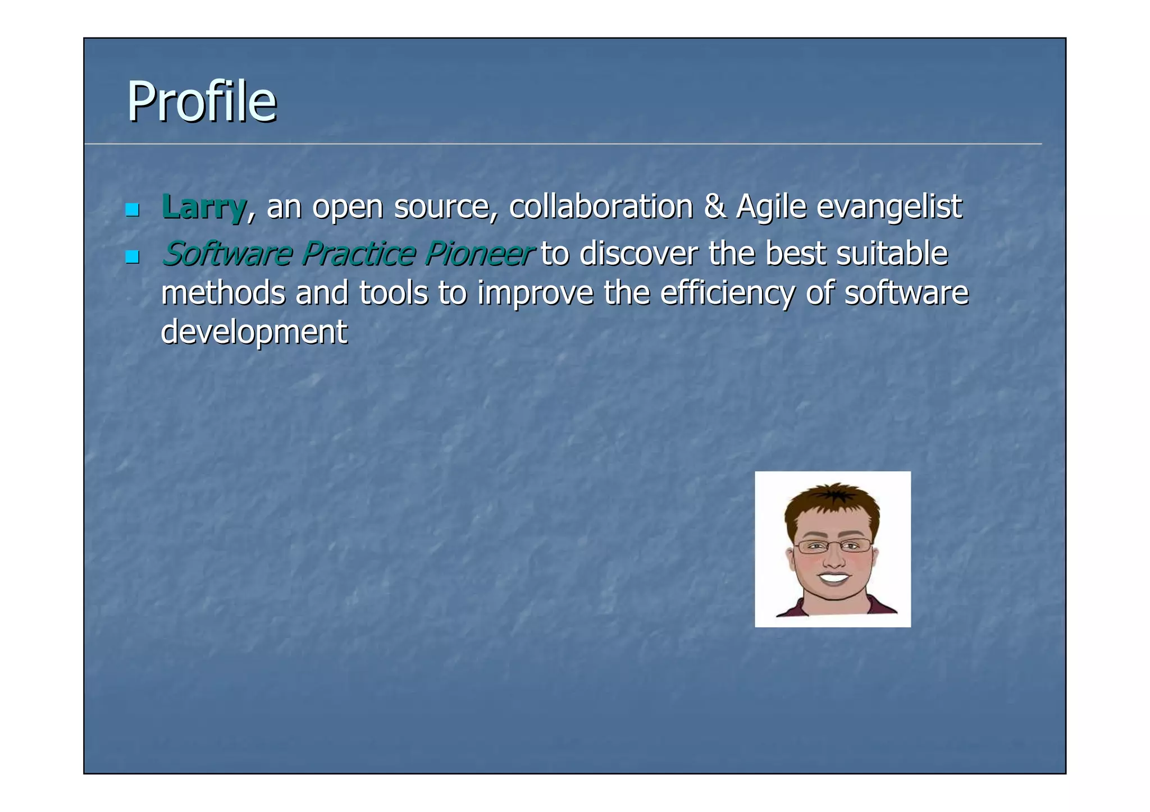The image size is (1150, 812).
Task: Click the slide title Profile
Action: coord(201,102)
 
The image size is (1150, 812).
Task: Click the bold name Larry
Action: coord(203,207)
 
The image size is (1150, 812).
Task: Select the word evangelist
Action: coord(889,207)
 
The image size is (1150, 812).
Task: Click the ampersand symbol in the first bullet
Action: coord(714,207)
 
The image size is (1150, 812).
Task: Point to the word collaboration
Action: coord(601,207)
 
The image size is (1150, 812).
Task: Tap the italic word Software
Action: coord(226,254)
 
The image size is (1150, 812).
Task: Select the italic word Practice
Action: coord(358,254)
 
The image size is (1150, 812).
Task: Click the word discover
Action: coord(638,254)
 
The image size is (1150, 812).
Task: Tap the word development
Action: coord(254,332)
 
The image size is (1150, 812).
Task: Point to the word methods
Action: coord(223,293)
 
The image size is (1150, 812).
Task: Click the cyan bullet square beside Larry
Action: coord(132,210)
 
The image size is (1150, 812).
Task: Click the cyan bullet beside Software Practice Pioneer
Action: coord(132,257)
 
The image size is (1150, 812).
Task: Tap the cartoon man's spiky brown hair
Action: coord(834,501)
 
